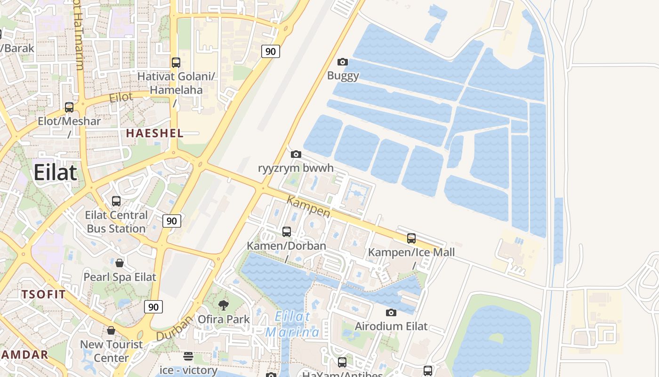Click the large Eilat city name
coord(55,172)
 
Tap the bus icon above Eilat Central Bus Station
coord(116,201)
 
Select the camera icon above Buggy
coord(343,62)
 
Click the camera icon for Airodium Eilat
coord(391,312)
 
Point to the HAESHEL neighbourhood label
coord(154,133)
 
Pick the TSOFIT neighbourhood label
coord(43,295)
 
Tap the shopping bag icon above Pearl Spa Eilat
coord(120,262)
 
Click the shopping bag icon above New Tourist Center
coord(111,330)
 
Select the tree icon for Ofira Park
coord(224,305)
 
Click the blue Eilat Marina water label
coord(292,324)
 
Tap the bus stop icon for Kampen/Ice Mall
coord(411,238)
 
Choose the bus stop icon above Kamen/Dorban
coord(287,232)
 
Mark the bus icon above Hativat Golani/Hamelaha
coord(176,62)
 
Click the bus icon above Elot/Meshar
coord(69,107)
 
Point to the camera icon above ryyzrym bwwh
coord(296,154)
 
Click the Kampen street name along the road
coord(309,207)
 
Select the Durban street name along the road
coord(174,328)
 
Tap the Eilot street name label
coord(121,98)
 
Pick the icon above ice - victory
coord(188,356)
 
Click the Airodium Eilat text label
coord(391,326)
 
